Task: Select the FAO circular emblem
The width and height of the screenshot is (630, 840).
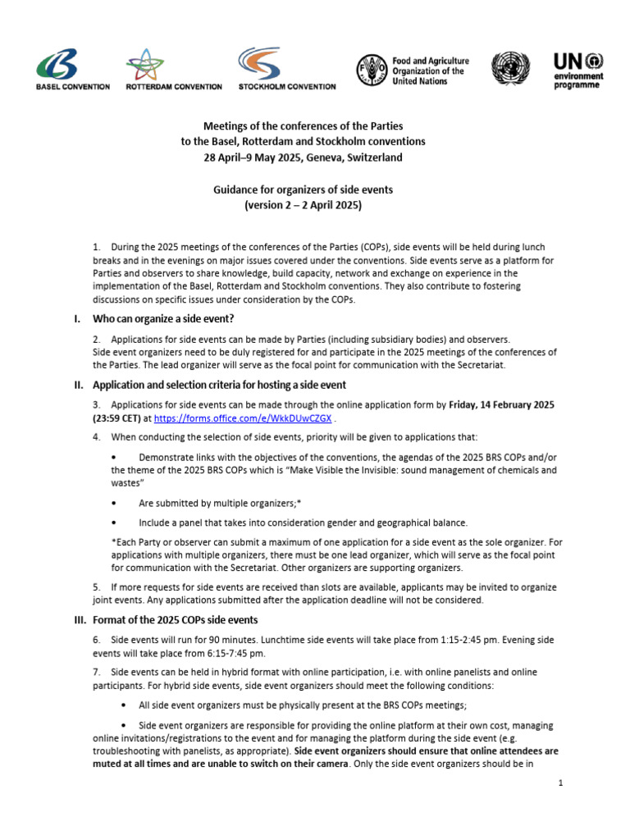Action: pos(372,71)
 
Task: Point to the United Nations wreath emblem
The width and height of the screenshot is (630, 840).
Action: pos(510,71)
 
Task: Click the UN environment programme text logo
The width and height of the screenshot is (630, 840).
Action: pos(578,71)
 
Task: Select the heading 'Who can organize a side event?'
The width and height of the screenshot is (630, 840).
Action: pos(163,318)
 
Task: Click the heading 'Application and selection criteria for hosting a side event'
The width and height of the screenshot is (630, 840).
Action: pos(219,385)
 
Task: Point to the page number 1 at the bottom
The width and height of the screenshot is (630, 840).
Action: pos(559,783)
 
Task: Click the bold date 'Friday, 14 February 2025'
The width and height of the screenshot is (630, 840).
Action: pos(502,404)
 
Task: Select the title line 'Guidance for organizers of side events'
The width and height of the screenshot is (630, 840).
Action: pos(303,189)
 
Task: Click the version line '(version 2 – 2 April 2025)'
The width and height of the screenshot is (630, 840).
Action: pos(303,206)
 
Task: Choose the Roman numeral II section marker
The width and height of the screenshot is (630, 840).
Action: pos(79,385)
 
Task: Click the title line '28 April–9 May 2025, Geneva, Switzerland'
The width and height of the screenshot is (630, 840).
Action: pos(303,157)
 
